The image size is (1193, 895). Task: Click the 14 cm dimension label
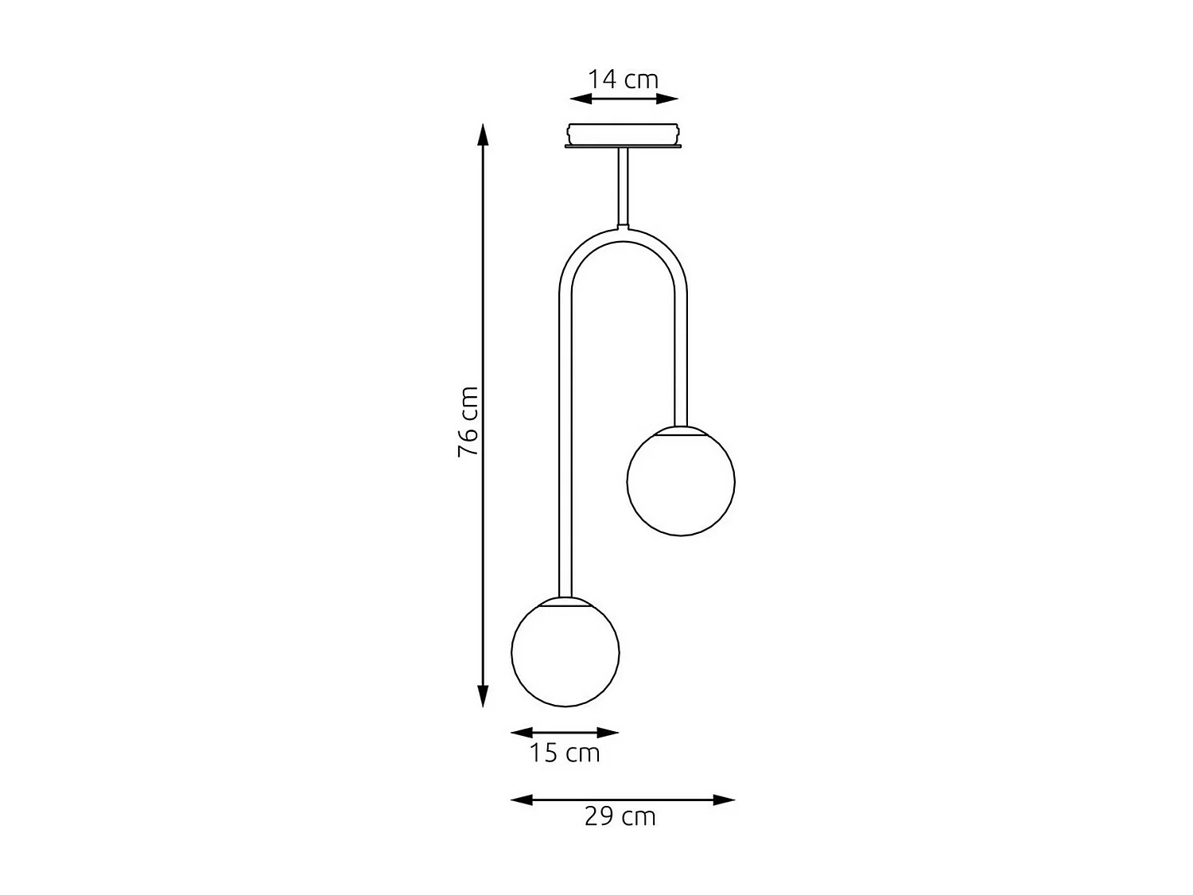(x=624, y=80)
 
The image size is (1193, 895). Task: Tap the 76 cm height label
(x=468, y=422)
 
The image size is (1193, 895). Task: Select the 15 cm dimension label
(x=565, y=753)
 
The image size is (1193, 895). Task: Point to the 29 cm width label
(x=620, y=817)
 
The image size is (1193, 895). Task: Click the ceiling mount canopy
(x=624, y=134)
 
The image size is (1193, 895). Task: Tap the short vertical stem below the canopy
(x=624, y=187)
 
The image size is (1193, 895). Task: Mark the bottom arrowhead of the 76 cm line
(x=482, y=697)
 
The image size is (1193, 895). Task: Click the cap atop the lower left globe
(x=565, y=601)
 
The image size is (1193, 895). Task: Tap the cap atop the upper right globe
(x=681, y=430)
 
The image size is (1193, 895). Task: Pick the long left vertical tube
(x=565, y=446)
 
